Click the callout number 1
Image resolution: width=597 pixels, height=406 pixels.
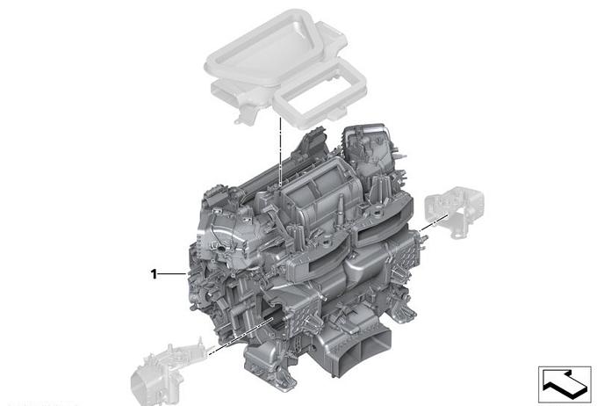tap(154, 273)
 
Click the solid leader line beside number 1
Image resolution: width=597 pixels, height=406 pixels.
tap(172, 273)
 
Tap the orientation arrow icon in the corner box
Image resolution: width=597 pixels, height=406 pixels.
tap(565, 384)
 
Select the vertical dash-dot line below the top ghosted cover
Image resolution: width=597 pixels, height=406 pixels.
tap(280, 152)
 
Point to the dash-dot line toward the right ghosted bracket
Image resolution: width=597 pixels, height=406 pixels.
tap(433, 222)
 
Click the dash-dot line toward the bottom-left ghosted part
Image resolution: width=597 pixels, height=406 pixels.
tap(240, 337)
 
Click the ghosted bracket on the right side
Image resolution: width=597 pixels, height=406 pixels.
tap(454, 211)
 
